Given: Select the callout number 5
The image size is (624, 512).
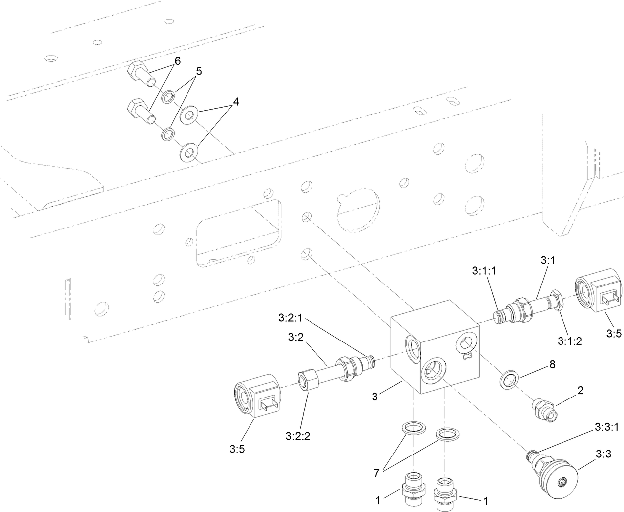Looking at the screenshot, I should (198, 71).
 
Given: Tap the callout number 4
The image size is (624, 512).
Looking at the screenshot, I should (236, 102).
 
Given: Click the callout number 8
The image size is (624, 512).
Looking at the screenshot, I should (552, 365).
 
